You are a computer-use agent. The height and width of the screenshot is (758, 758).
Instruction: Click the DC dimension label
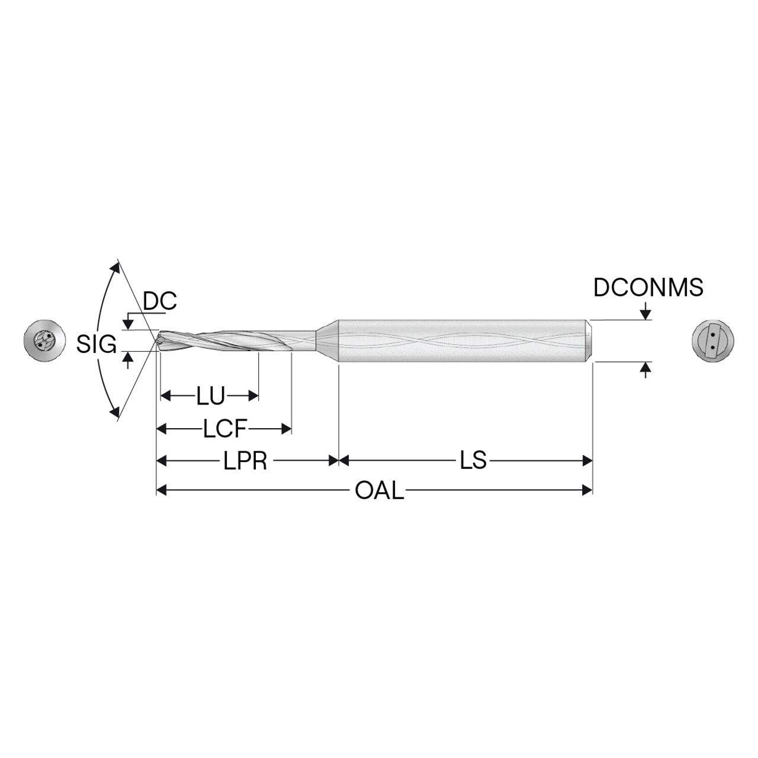(x=160, y=301)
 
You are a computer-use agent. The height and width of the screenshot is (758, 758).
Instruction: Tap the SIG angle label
(x=97, y=344)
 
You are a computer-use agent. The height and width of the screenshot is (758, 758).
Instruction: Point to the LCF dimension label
(x=224, y=429)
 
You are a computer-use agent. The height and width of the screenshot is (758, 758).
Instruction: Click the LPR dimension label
(x=245, y=461)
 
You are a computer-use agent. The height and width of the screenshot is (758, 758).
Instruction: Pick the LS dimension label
(x=474, y=460)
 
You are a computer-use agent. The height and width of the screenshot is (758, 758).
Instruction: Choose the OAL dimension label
(x=380, y=491)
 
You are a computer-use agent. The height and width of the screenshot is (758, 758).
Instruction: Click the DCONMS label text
(x=648, y=288)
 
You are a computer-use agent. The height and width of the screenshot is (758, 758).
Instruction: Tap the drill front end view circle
(x=44, y=341)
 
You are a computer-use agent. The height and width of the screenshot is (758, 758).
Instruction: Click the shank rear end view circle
(x=713, y=341)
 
